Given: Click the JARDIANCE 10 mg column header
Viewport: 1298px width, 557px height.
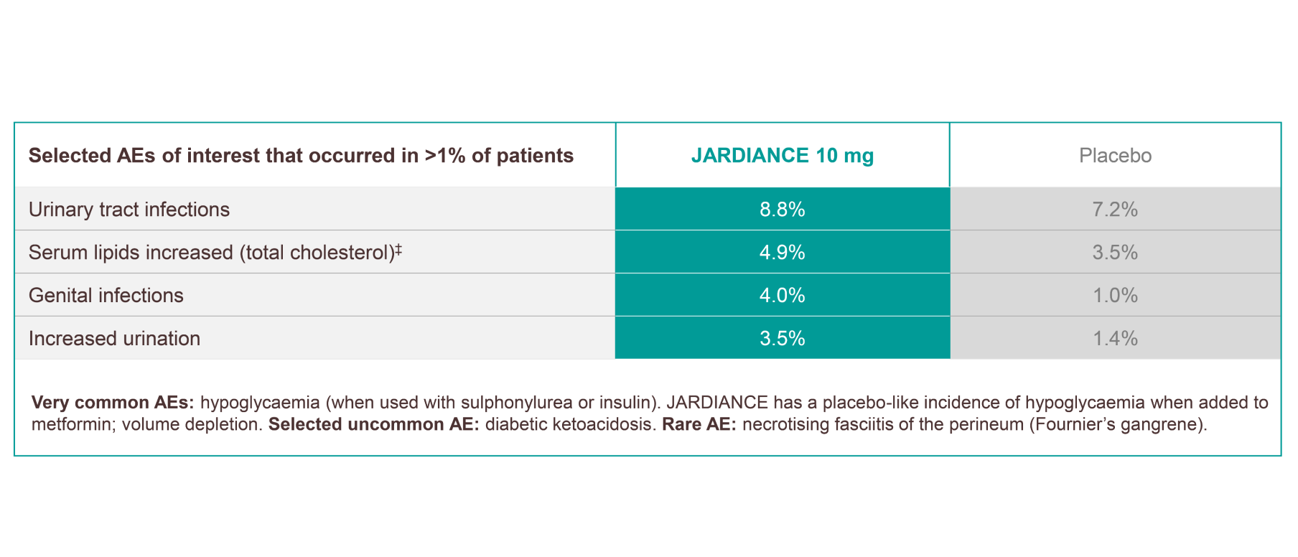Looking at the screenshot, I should point(782,156).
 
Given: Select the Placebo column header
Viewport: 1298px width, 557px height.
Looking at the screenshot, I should point(1115,156).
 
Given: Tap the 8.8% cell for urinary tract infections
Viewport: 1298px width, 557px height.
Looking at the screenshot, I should point(782,210).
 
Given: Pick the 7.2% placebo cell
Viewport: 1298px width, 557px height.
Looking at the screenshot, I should point(1115,210).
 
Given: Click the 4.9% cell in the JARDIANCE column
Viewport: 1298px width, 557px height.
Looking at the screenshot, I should point(782,253).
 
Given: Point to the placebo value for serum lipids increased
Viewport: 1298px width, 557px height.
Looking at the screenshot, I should point(1115,253).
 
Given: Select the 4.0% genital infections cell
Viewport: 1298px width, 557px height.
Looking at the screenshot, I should point(782,296).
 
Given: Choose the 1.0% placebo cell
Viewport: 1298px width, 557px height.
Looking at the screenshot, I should point(1115,296).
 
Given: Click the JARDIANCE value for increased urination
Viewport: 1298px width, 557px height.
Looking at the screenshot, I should point(782,339).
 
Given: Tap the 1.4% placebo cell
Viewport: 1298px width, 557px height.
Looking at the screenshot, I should point(1115,339).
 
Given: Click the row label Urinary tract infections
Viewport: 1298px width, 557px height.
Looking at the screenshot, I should point(129,210).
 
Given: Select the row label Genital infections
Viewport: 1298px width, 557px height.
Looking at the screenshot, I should point(106,296).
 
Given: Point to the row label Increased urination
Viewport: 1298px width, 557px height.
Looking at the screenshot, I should point(114,339).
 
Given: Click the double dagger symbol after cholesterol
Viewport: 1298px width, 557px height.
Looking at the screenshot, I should point(398,248).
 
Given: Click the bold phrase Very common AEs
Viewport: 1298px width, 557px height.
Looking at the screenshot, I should point(113,403).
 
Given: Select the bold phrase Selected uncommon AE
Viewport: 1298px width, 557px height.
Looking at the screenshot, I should point(373,425).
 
